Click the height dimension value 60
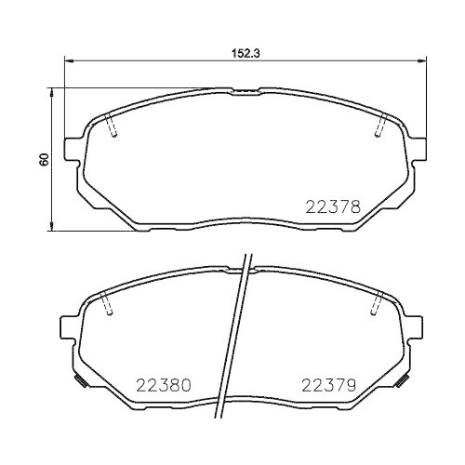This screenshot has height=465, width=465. pos(42,159)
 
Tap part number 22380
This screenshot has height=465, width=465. pos(164,384)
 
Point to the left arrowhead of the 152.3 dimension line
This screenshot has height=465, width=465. pos(66,62)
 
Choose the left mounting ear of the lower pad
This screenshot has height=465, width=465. pos(67,326)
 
